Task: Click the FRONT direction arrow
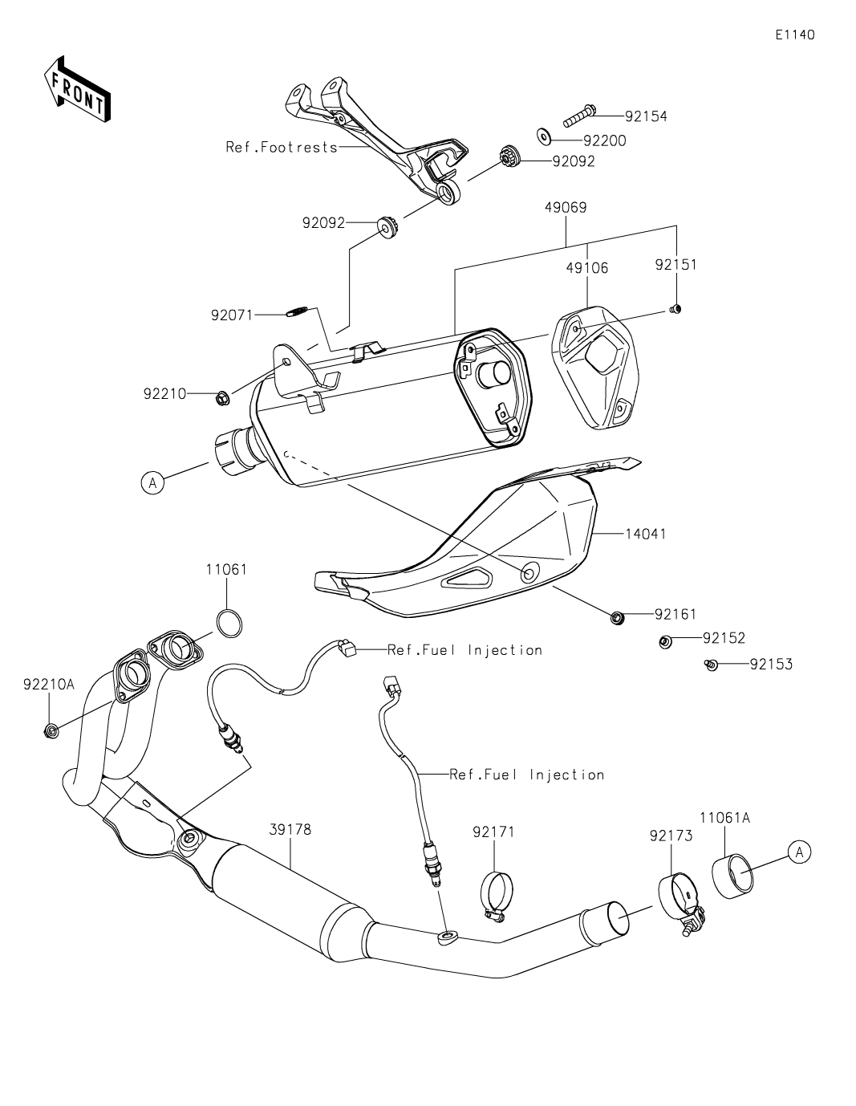pos(77,91)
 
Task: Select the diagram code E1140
pos(794,35)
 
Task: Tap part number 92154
pos(646,116)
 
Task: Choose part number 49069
pos(566,208)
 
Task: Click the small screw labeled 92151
pos(675,310)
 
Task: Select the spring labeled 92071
pos(298,313)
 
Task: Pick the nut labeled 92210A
pos(51,730)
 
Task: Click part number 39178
pos(290,831)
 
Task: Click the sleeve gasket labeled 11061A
pos(733,877)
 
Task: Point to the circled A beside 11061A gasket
pos(799,852)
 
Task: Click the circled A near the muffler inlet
pos(152,482)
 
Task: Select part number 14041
pos(646,533)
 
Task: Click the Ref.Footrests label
pos(282,148)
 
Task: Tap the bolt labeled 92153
pos(710,665)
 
